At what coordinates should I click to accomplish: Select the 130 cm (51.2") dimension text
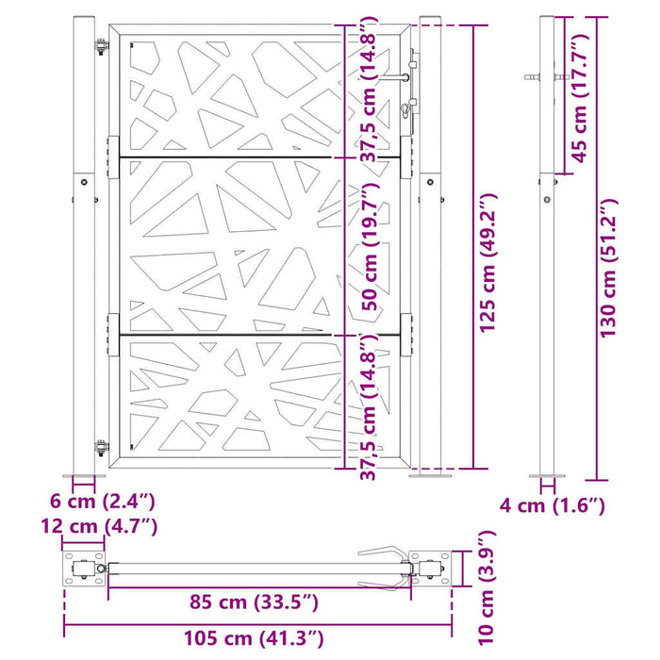608,267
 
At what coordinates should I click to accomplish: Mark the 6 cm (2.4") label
102,501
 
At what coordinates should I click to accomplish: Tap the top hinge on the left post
99,46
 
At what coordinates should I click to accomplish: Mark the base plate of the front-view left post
84,475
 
